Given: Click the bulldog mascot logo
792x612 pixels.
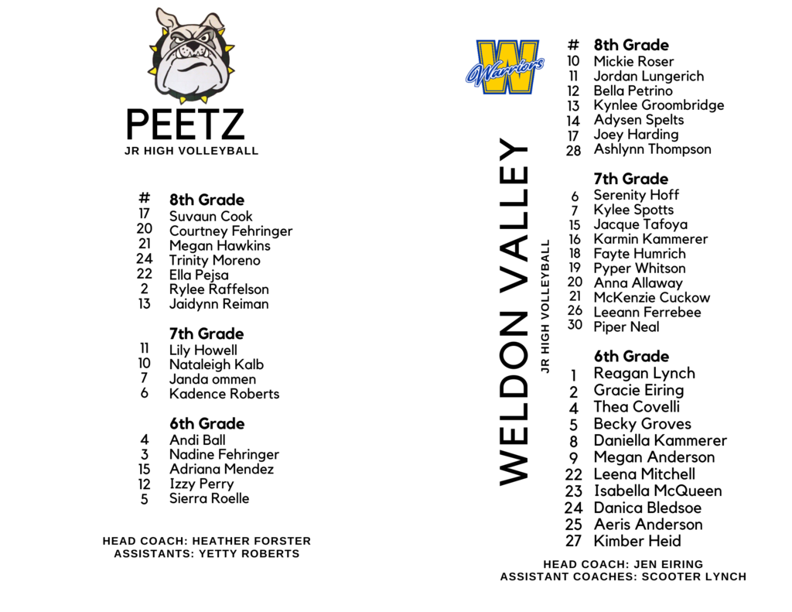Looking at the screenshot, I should (191, 56).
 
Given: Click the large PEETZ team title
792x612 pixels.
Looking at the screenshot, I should (185, 125).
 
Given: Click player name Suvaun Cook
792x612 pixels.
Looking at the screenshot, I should (210, 217).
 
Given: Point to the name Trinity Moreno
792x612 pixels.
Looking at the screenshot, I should (214, 261).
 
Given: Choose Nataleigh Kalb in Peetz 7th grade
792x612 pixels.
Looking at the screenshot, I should (216, 364).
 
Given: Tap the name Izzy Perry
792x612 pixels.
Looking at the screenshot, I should (201, 484).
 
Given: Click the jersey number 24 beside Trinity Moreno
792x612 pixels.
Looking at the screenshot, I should (145, 259).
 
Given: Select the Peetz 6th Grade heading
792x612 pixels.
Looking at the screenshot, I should (207, 424).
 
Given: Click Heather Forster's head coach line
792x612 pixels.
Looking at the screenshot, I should (207, 542).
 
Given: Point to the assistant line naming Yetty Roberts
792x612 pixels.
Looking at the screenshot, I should (207, 554).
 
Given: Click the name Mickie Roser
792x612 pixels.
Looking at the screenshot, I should (633, 62).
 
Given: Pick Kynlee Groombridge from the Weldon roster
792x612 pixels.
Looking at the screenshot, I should (658, 105).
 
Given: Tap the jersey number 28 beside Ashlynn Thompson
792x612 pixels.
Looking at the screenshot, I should (573, 151).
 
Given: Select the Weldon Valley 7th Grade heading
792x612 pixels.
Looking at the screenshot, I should (630, 179).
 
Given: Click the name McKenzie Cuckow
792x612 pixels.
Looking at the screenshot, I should (651, 298).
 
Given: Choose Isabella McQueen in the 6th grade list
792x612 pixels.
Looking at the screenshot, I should (657, 491).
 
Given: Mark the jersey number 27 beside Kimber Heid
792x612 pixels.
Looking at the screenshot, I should (573, 542).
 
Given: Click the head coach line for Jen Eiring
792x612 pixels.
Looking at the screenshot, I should (623, 565).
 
